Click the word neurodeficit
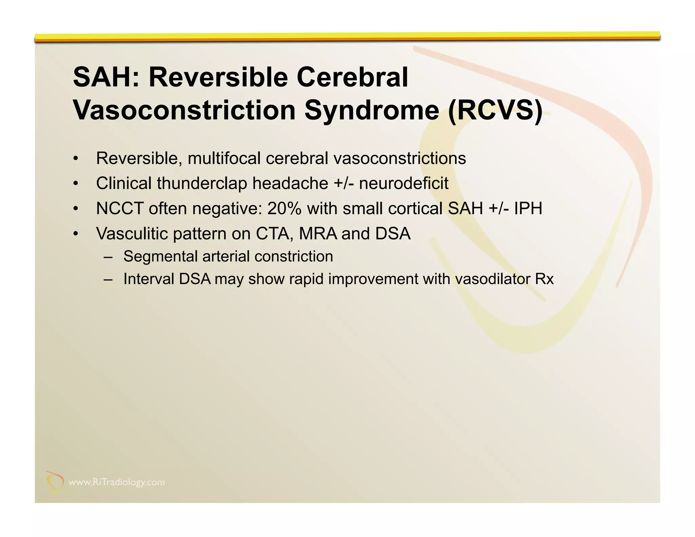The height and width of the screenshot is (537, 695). coord(403,183)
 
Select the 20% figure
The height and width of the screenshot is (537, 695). coord(284,208)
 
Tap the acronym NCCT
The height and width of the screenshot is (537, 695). coord(119,208)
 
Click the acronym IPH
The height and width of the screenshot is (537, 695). coord(528,208)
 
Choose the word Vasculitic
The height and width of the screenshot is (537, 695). coord(132,234)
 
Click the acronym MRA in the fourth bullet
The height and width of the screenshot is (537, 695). coord(318,234)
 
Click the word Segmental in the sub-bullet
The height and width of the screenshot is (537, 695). coord(160,256)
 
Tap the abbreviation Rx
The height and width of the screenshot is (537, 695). coord(544,279)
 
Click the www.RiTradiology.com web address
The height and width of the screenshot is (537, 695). coord(117,482)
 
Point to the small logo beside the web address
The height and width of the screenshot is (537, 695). coord(55,482)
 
